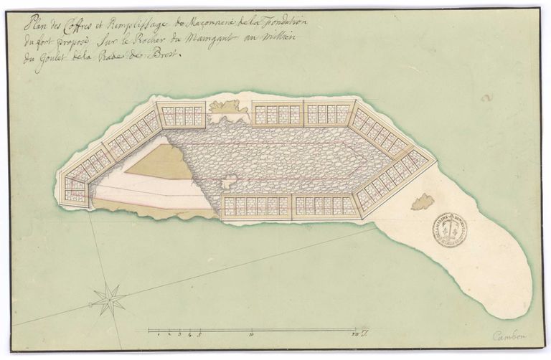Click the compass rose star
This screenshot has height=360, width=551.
click(x=110, y=298)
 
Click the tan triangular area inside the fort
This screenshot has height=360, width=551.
click(x=169, y=162)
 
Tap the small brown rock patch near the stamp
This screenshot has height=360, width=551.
click(x=423, y=202)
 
